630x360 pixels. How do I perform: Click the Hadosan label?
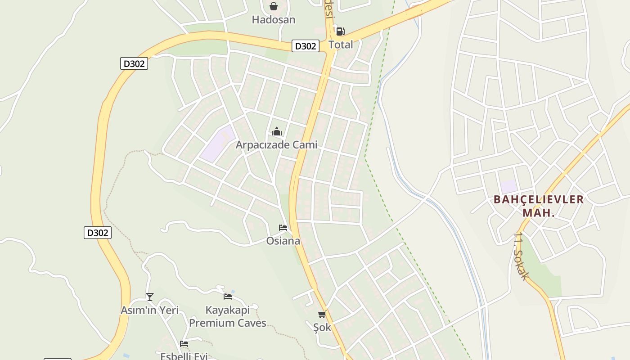pyautogui.click(x=274, y=20)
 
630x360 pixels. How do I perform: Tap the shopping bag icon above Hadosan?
pyautogui.click(x=273, y=6)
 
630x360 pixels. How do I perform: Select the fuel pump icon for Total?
pyautogui.click(x=341, y=31)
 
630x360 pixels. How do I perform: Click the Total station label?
pyautogui.click(x=341, y=45)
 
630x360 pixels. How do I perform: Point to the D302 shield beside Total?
pyautogui.click(x=306, y=46)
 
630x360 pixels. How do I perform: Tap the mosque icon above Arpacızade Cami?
pyautogui.click(x=276, y=132)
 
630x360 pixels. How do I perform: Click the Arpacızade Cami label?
pyautogui.click(x=276, y=145)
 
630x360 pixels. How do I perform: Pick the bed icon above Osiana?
pyautogui.click(x=283, y=228)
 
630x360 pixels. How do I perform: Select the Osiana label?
pyautogui.click(x=283, y=241)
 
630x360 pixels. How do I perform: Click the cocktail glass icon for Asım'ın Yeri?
pyautogui.click(x=150, y=297)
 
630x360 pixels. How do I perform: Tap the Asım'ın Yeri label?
pyautogui.click(x=150, y=310)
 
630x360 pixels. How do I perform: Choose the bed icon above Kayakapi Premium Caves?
pyautogui.click(x=228, y=297)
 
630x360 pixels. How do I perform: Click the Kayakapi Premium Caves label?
pyautogui.click(x=228, y=316)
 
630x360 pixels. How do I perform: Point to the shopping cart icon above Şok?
pyautogui.click(x=322, y=314)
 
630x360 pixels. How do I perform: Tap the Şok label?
pyautogui.click(x=322, y=328)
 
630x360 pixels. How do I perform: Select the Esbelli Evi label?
pyautogui.click(x=184, y=356)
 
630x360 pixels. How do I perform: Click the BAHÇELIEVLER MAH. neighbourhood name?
pyautogui.click(x=539, y=206)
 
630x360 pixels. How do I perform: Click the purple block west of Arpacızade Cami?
pyautogui.click(x=218, y=144)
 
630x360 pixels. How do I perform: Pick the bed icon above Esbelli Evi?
pyautogui.click(x=184, y=344)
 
